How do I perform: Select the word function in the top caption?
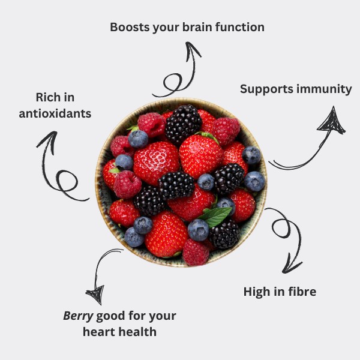240,27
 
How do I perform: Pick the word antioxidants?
55,113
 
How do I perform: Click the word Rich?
46,97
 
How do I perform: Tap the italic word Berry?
78,316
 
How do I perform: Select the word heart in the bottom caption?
100,332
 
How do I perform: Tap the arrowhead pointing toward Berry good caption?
95,294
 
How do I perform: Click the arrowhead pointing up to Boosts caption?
193,50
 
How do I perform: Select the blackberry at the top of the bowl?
183,124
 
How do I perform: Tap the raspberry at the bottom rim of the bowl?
196,253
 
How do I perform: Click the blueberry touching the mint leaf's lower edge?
199,230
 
